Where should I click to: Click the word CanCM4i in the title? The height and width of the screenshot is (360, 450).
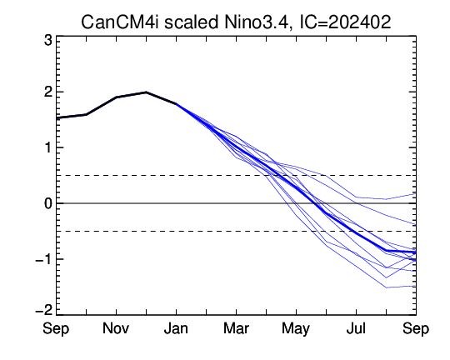click(120, 22)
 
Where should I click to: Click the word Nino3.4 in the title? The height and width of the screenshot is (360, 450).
click(256, 22)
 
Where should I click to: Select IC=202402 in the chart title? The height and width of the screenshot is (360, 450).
click(345, 22)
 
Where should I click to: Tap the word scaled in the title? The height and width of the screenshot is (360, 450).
click(191, 22)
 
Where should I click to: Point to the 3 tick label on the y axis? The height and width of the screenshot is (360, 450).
click(48, 41)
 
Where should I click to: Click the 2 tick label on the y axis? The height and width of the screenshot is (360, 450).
click(48, 92)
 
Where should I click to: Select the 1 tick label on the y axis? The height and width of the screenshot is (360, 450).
click(48, 147)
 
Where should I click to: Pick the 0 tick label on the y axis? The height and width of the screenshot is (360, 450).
click(48, 203)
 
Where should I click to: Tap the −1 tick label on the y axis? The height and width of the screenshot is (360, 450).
click(43, 259)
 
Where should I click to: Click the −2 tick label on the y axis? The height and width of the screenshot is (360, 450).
click(43, 310)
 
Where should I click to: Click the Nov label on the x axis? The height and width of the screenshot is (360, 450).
click(116, 328)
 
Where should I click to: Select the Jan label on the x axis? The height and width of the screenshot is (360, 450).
click(176, 328)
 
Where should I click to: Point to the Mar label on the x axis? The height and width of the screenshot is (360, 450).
click(236, 328)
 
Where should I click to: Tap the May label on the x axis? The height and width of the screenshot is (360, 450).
click(296, 329)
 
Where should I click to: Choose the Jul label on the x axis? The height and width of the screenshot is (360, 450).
click(356, 328)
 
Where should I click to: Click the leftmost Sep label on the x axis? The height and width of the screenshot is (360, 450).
click(56, 329)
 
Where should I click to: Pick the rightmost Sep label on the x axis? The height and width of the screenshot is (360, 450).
click(416, 329)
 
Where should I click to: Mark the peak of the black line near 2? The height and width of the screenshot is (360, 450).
click(146, 92)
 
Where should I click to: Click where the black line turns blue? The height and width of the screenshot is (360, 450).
click(176, 103)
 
